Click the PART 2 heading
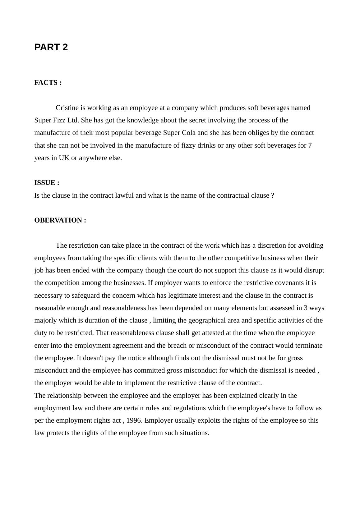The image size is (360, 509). point(51,47)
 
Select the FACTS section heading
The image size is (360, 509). point(48,83)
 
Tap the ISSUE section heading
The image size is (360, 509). point(47,183)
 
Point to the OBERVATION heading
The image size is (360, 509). point(60,220)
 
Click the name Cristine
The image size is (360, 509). point(67,108)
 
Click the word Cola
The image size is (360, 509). point(189,133)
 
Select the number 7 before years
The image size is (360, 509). point(310,145)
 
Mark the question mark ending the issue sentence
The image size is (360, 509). point(273,195)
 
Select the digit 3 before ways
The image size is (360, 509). point(306,308)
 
